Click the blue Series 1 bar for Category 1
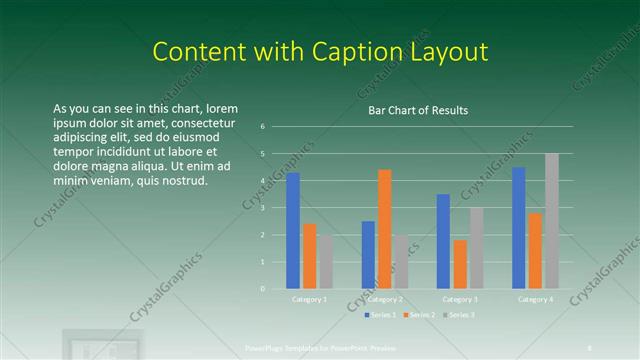coord(293,231)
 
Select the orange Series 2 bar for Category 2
coord(385,229)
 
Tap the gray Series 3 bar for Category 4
coord(551,221)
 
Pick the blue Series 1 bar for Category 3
coord(443,241)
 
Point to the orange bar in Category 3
coord(460,264)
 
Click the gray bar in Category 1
coord(326,262)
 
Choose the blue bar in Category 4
coord(518,228)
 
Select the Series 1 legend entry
coord(380,315)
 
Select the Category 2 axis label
coord(384,299)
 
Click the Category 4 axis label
coord(535,299)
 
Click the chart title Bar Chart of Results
coord(411,110)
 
